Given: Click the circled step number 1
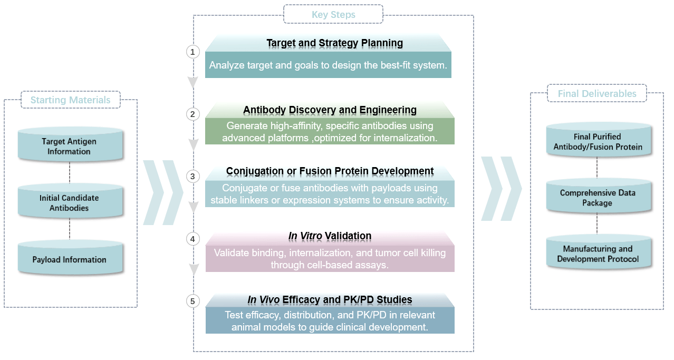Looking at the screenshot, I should (193, 52).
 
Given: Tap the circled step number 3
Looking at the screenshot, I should (193, 176).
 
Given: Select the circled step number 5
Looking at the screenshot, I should (193, 301).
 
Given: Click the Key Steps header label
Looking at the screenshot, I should (333, 14).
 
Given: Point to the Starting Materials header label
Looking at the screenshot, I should (70, 100).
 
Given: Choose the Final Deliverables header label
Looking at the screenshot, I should (597, 94).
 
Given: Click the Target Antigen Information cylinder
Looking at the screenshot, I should (69, 146).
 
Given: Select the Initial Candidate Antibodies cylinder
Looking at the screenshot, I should (69, 202).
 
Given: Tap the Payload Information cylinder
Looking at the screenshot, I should (69, 259).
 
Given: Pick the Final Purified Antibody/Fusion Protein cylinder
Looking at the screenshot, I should (598, 141).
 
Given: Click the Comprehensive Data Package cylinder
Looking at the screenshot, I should (598, 198).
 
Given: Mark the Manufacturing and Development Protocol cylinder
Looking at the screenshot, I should (598, 254).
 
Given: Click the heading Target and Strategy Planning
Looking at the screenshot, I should (334, 43).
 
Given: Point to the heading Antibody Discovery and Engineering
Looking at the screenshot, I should (330, 110).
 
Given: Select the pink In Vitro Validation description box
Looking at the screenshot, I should (330, 259).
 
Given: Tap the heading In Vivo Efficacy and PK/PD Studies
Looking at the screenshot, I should (330, 300).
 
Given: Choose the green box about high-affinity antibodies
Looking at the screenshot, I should (330, 132).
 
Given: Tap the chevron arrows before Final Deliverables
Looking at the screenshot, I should (501, 189).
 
